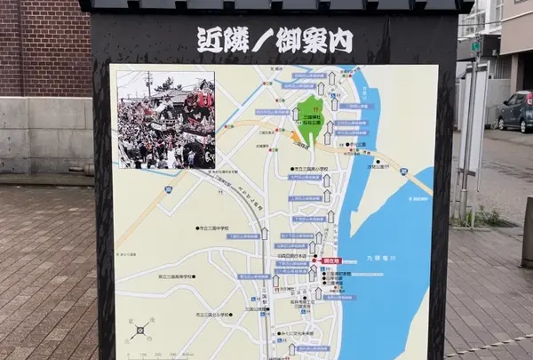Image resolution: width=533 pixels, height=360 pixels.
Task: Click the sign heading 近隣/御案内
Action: pyautogui.click(x=274, y=40)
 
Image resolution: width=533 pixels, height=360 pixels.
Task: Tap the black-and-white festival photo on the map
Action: pyautogui.click(x=166, y=120)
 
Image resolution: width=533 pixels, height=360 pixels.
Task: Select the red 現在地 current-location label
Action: pyautogui.click(x=331, y=260)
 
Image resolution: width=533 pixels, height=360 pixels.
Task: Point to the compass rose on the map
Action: pyautogui.click(x=139, y=332)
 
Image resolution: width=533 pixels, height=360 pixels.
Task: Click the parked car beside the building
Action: pyautogui.click(x=515, y=112)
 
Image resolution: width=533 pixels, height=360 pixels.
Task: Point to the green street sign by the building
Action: pyautogui.click(x=476, y=46)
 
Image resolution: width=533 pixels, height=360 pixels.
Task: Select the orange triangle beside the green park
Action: pyautogui.click(x=296, y=137)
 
